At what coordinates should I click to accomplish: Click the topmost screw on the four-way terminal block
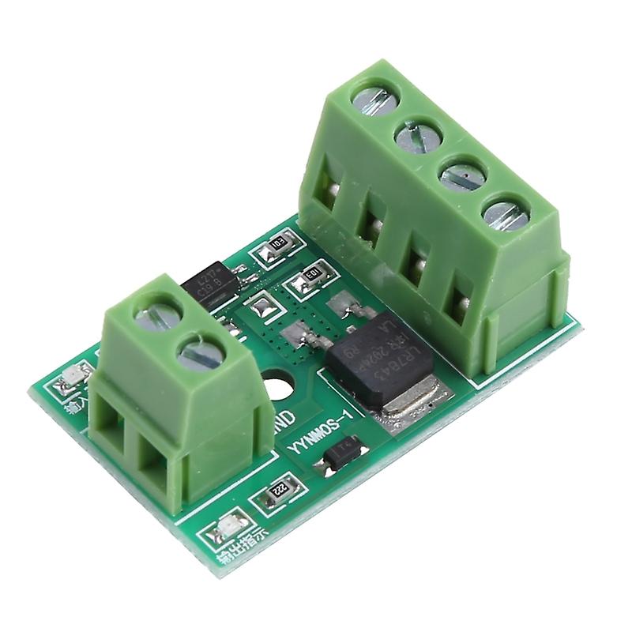coord(375,100)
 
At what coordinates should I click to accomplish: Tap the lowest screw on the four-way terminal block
coord(504,214)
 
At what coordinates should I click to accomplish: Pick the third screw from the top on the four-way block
coord(461,175)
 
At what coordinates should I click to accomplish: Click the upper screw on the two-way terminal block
coord(156,315)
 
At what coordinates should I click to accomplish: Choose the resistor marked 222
coord(277,491)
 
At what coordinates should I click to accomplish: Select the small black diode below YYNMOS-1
coord(341,456)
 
